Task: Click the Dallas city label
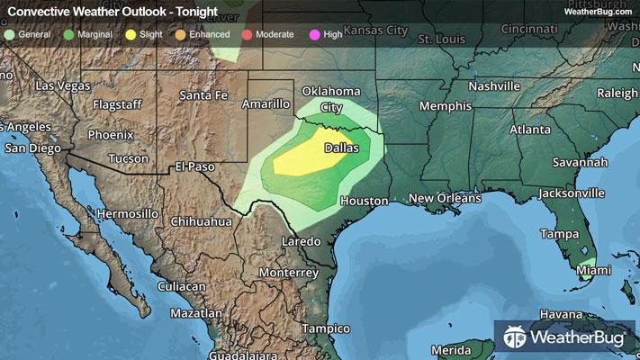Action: (x=341, y=147)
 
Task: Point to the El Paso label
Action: (x=195, y=166)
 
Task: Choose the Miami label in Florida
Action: (x=592, y=270)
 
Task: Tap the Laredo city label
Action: (x=301, y=242)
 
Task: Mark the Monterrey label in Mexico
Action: (x=288, y=272)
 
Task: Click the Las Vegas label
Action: (x=63, y=85)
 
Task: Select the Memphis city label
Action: (x=446, y=106)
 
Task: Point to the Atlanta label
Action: (x=529, y=130)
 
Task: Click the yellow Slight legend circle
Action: (x=131, y=34)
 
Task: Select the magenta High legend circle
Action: (x=314, y=34)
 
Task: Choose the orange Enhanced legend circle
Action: (x=180, y=34)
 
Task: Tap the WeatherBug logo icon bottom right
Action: (x=516, y=338)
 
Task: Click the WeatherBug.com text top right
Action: (x=594, y=11)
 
